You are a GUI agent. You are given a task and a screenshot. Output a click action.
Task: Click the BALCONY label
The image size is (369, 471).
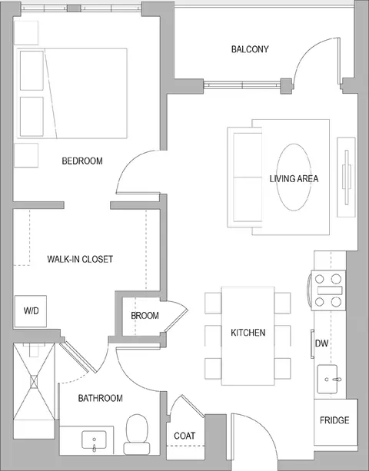pyautogui.click(x=250, y=49)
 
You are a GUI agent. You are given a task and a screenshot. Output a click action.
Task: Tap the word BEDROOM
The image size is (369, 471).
pyautogui.click(x=82, y=161)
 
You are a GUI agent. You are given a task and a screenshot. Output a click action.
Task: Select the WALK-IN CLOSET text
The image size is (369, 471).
pyautogui.click(x=80, y=259)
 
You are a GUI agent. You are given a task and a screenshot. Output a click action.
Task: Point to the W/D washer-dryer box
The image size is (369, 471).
pyautogui.click(x=31, y=311)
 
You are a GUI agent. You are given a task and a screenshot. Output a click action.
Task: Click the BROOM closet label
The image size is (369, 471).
pyautogui.click(x=145, y=316)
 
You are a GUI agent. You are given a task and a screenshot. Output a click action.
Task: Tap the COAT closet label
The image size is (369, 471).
pyautogui.click(x=184, y=436)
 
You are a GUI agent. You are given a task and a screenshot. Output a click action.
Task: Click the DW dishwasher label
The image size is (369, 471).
pyautogui.click(x=321, y=343)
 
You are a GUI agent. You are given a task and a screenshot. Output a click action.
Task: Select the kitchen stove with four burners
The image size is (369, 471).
pyautogui.click(x=328, y=290)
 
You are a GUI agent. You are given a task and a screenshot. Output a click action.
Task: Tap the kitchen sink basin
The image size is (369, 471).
pyautogui.click(x=327, y=379)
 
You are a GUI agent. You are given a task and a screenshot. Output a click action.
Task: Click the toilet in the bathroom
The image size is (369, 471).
pyautogui.click(x=137, y=434)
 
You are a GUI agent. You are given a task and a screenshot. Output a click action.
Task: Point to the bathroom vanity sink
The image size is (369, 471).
pyautogui.click(x=94, y=440)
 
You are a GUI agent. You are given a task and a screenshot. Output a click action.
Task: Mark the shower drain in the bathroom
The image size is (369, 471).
pyautogui.click(x=34, y=382)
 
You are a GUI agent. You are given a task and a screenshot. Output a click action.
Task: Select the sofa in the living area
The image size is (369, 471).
pyautogui.click(x=245, y=177)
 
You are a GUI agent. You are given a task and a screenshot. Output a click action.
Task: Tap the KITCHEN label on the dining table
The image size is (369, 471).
pyautogui.click(x=248, y=333)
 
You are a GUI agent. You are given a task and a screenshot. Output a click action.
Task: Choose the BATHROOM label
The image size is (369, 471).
pyautogui.click(x=101, y=398)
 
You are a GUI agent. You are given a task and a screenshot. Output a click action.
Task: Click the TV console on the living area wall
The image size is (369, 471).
pyautogui.click(x=346, y=177)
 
